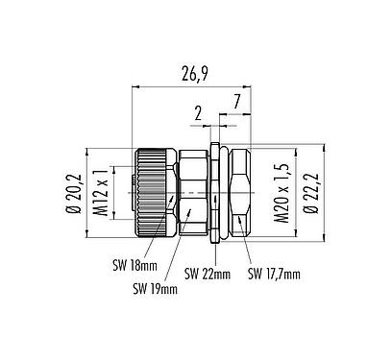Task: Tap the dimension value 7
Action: [x=235, y=101]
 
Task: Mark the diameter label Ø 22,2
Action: [x=308, y=192]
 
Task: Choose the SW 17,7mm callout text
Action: [x=275, y=274]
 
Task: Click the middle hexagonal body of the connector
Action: [x=192, y=192]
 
